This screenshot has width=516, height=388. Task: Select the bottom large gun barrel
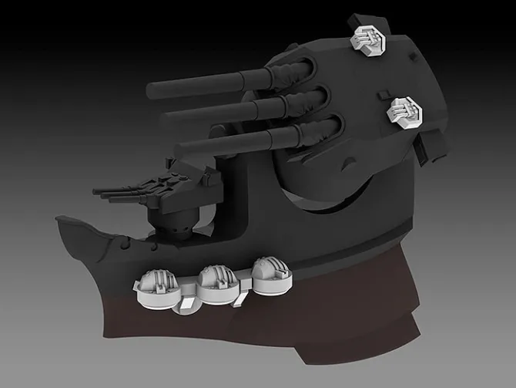(x=231, y=143)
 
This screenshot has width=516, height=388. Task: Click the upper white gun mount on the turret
(x=368, y=36)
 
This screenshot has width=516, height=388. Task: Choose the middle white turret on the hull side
(x=215, y=282)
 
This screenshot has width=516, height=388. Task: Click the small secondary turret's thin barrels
(x=116, y=193)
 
